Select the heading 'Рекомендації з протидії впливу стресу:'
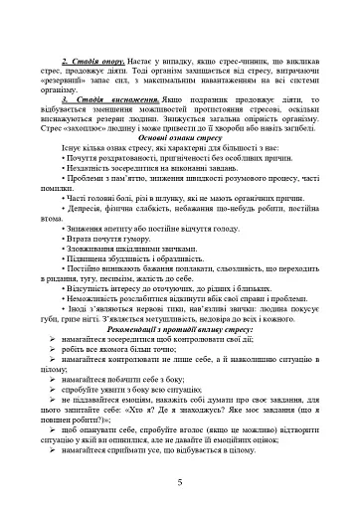point(180,328)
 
